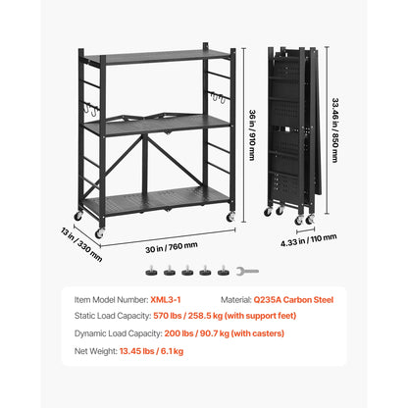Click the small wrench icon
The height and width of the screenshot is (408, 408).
pyautogui.click(x=252, y=272)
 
